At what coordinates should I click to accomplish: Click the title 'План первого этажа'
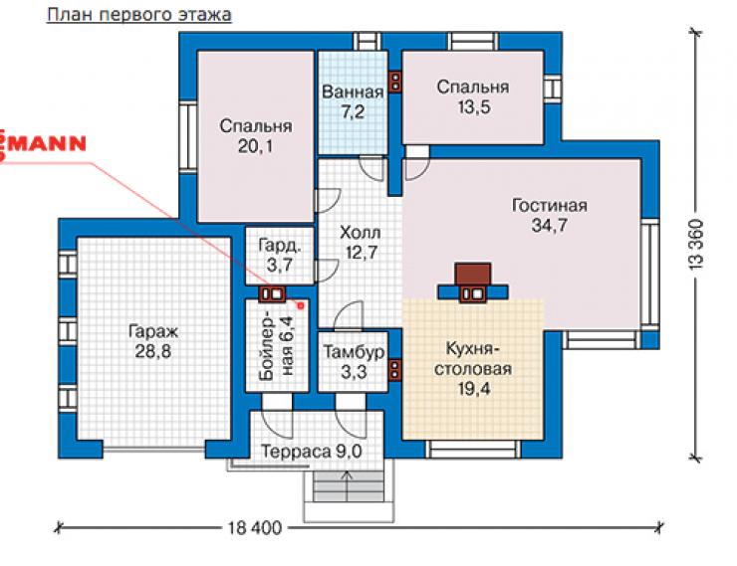pos(139,15)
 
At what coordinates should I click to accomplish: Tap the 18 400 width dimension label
pos(255,528)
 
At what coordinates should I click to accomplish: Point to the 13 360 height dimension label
pos(696,244)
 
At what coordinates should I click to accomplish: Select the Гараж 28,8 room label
pos(153,341)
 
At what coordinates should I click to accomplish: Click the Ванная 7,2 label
pos(353,101)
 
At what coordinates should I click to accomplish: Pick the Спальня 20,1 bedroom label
pos(255,136)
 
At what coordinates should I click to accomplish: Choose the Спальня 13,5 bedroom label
pos(473,96)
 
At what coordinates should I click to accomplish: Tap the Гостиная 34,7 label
pos(550,216)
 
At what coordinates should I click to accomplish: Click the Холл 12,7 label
pos(361,242)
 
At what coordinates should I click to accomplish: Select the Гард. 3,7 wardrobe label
pos(280,256)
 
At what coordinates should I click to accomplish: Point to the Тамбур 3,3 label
pos(354,362)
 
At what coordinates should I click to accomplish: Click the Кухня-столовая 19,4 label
pos(473,369)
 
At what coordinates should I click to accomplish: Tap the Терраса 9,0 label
pos(311,452)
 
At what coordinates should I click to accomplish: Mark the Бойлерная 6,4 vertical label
pos(277,346)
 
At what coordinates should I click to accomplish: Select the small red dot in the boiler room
pos(301,305)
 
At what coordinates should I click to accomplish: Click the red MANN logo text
pos(42,143)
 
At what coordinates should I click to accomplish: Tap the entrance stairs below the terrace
pos(349,486)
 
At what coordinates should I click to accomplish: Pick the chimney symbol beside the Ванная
pos(395,82)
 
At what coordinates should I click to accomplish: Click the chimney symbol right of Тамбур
pos(394,369)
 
